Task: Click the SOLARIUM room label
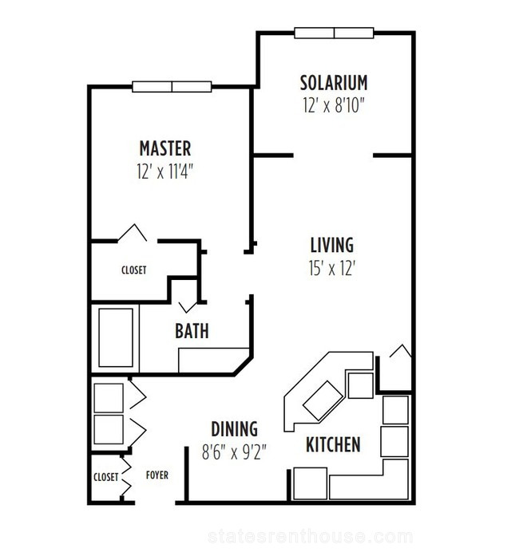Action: tap(334, 83)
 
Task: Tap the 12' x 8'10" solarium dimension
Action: tap(334, 105)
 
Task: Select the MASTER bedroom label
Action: tap(165, 148)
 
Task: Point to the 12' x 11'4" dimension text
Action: tap(165, 172)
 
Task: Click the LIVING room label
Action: tap(332, 245)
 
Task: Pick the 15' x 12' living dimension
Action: tap(332, 268)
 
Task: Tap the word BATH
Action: tap(192, 331)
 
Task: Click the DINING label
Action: tap(234, 429)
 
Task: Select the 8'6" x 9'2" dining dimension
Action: tap(234, 452)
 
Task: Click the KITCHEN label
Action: tap(333, 444)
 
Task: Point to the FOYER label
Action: tap(157, 475)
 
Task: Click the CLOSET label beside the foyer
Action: tap(105, 477)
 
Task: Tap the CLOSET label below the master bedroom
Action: tap(134, 270)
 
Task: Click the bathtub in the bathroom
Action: tap(116, 337)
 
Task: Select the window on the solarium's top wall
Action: tap(334, 33)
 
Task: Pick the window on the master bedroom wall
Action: tap(172, 87)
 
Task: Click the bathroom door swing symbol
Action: tap(188, 307)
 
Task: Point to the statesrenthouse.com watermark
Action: tap(311, 537)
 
